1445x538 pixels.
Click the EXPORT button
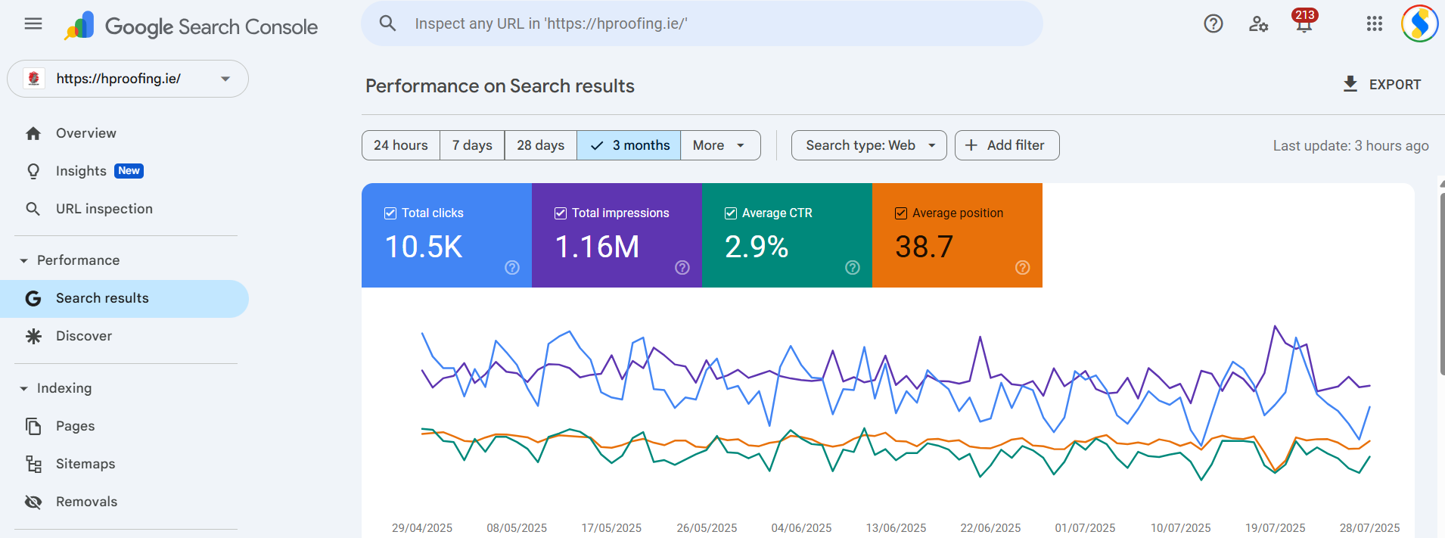(x=1381, y=85)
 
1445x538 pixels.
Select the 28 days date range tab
(x=540, y=145)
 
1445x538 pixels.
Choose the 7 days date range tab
(x=472, y=145)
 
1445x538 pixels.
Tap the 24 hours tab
(x=401, y=145)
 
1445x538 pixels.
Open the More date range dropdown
(x=720, y=145)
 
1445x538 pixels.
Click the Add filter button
(x=1007, y=145)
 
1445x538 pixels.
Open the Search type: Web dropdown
(x=869, y=145)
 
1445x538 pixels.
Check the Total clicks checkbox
(x=390, y=213)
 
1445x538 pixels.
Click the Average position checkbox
(x=901, y=213)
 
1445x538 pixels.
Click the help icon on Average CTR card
(x=853, y=267)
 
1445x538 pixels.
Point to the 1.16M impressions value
(x=597, y=247)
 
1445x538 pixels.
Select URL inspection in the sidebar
(x=104, y=209)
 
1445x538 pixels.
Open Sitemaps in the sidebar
(x=85, y=464)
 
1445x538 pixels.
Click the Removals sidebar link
(x=86, y=502)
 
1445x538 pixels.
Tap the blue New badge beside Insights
(x=129, y=171)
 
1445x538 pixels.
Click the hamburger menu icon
(x=33, y=23)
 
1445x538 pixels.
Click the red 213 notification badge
(x=1305, y=15)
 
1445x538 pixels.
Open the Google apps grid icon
(x=1375, y=23)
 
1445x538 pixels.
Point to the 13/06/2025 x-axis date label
(x=896, y=528)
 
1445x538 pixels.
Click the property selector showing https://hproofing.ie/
(x=128, y=79)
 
